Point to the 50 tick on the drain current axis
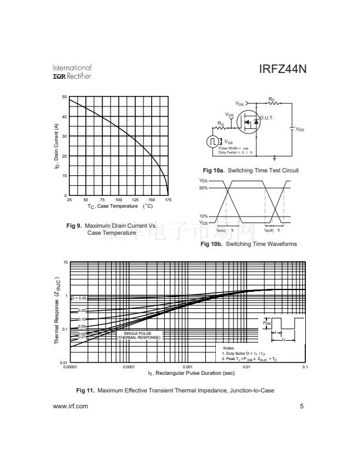64,96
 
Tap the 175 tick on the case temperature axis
168,200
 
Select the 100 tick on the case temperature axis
119,200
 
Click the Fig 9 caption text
112,229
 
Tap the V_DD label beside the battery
299,129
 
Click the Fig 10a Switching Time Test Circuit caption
255,170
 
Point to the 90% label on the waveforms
204,188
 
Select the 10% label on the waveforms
204,217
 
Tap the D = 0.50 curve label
79,298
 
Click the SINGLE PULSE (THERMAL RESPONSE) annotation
138,336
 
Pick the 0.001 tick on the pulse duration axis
188,368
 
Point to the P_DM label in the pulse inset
266,323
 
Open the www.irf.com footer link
71,406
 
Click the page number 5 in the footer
301,406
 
